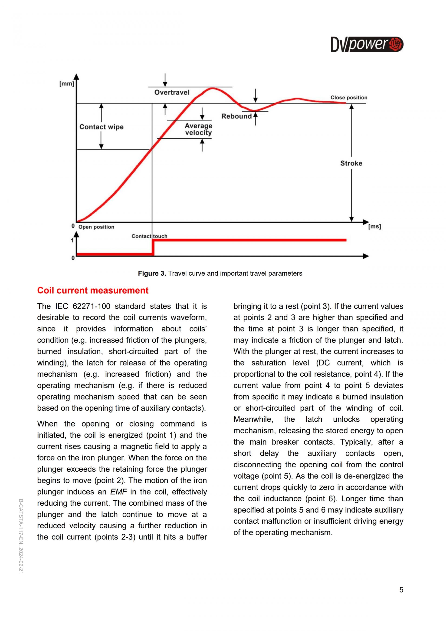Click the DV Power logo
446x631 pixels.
click(367, 44)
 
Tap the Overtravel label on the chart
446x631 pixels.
click(172, 92)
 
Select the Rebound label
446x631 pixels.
click(236, 116)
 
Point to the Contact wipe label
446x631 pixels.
click(101, 127)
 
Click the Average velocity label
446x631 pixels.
click(198, 129)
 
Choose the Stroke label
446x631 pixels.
click(351, 163)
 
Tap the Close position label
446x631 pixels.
click(349, 98)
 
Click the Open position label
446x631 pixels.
click(96, 227)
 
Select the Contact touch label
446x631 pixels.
click(149, 236)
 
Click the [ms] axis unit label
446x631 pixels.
click(375, 226)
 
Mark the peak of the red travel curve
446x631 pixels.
click(212, 88)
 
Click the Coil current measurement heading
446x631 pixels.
click(93, 291)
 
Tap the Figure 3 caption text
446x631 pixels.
click(220, 274)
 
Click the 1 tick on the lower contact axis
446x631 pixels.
click(72, 241)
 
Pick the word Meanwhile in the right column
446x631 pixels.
click(253, 419)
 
